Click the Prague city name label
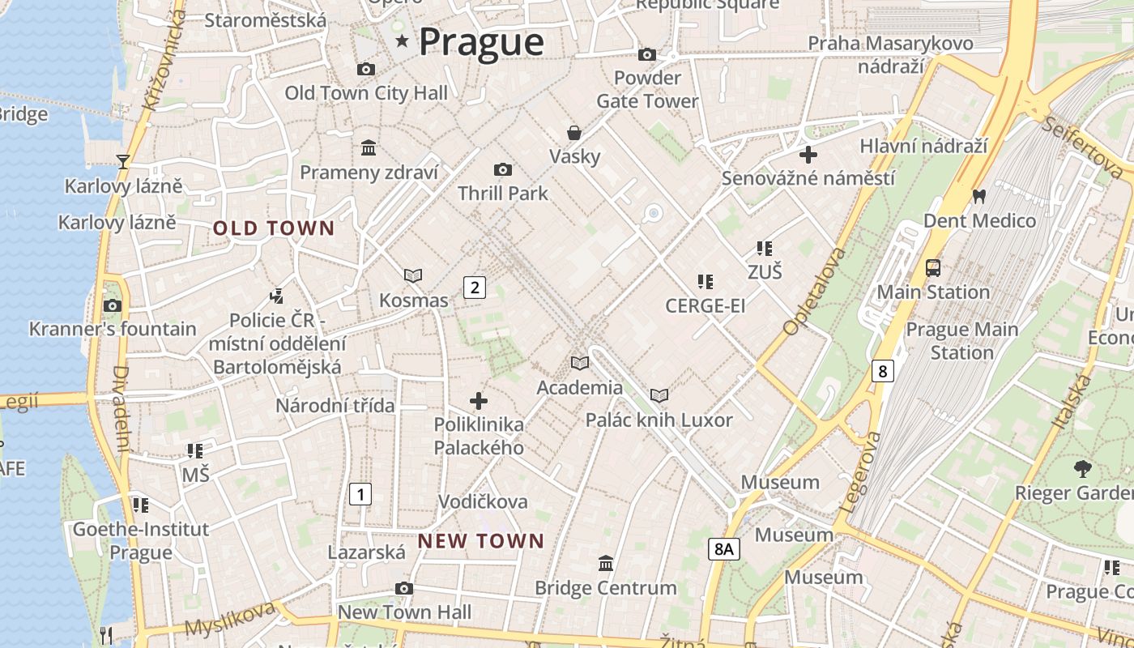tap(481, 42)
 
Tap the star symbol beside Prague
tap(402, 40)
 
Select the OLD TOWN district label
tap(274, 228)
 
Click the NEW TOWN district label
tap(481, 540)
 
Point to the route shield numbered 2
tap(475, 287)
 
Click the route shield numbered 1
tap(360, 493)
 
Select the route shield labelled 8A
tap(723, 549)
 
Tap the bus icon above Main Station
tap(933, 267)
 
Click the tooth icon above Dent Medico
tap(978, 196)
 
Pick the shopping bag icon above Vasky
tap(574, 132)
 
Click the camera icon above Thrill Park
tap(503, 169)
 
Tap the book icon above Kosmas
tap(413, 275)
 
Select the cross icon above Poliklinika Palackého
tap(479, 400)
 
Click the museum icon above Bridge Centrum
tap(605, 563)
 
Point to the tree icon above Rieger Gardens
tap(1082, 467)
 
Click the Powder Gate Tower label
tap(647, 89)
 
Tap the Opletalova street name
tap(814, 292)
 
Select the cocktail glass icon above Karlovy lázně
tap(123, 162)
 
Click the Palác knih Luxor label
tap(659, 420)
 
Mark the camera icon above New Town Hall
tap(404, 588)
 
